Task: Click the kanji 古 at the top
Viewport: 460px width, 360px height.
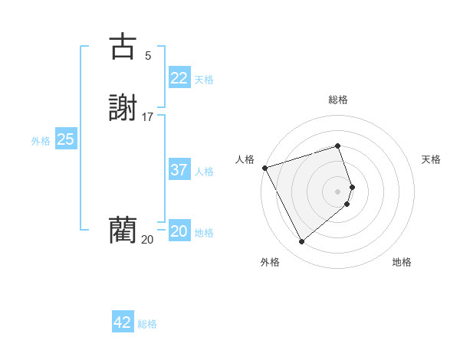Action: [x=123, y=47]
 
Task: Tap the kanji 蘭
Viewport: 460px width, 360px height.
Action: [x=123, y=229]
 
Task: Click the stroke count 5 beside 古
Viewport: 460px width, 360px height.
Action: [x=148, y=55]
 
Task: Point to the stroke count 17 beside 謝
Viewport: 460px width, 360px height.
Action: [x=148, y=116]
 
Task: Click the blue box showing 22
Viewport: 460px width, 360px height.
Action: [x=179, y=78]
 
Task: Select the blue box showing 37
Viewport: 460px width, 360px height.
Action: [x=179, y=170]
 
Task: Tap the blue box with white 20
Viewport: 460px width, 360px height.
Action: [x=179, y=231]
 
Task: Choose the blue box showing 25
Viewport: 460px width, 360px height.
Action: [x=65, y=139]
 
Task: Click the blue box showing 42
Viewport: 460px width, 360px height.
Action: [x=122, y=323]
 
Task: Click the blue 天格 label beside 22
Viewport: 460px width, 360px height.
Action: [x=204, y=80]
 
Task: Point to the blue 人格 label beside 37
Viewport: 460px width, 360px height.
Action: [x=204, y=172]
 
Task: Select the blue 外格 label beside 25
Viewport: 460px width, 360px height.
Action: [x=41, y=141]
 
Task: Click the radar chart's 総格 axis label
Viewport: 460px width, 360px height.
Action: [x=338, y=100]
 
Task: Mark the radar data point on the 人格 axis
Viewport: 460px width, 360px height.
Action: [x=264, y=167]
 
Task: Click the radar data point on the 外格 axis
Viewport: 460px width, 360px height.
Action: [x=301, y=242]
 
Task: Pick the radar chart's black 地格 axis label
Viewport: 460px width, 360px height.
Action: [x=402, y=262]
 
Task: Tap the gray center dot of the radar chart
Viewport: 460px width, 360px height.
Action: [x=338, y=191]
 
